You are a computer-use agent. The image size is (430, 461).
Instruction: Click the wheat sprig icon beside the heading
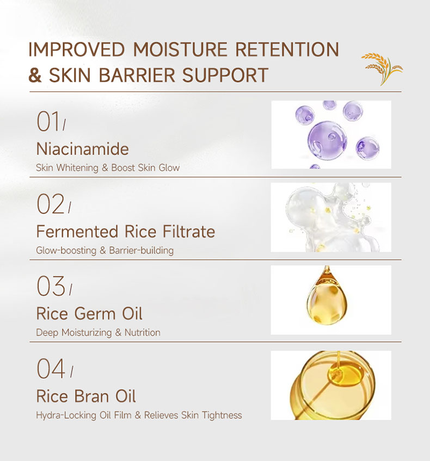point(382,68)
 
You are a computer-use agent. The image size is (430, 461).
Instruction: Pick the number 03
point(51,286)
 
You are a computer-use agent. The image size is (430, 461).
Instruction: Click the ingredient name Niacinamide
point(82,148)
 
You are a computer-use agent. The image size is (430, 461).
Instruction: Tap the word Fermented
point(77,232)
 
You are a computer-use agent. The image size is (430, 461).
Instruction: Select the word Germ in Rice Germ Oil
point(95,314)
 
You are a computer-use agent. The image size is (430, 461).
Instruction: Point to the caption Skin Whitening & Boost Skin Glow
point(108,168)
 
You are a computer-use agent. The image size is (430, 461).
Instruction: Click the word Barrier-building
point(142,251)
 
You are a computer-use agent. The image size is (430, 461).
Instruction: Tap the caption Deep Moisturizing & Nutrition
point(98,333)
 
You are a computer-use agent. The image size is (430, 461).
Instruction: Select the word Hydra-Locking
point(66,415)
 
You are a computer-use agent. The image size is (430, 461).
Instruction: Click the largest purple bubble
point(327,139)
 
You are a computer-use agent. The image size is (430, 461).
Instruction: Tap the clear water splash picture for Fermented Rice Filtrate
point(331,217)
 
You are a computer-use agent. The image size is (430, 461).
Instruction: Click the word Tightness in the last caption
point(222,415)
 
